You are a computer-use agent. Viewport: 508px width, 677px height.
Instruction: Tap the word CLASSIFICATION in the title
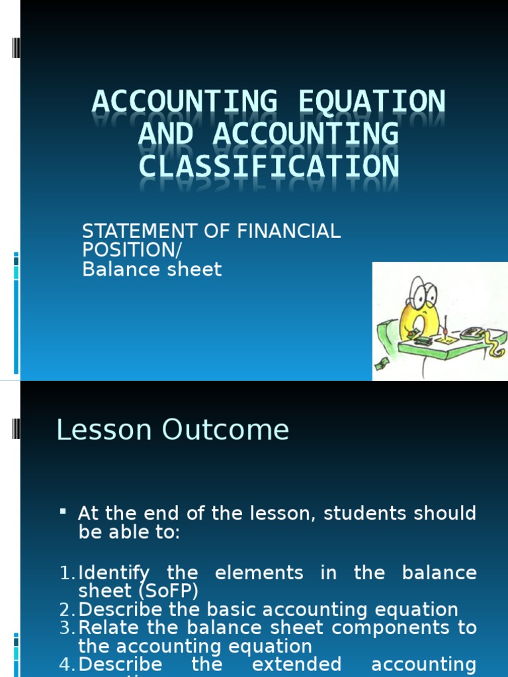pyautogui.click(x=269, y=166)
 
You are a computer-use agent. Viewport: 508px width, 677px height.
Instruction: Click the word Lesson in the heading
pyautogui.click(x=93, y=430)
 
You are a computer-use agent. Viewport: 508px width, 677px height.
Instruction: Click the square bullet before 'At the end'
pyautogui.click(x=63, y=512)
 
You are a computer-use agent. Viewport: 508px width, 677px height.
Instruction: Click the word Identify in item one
pyautogui.click(x=114, y=573)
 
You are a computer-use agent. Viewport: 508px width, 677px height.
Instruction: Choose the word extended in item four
pyautogui.click(x=296, y=664)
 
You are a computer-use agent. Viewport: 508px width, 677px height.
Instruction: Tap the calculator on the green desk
pyautogui.click(x=474, y=333)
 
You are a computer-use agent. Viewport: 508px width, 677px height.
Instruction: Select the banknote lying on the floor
pyautogui.click(x=381, y=364)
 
